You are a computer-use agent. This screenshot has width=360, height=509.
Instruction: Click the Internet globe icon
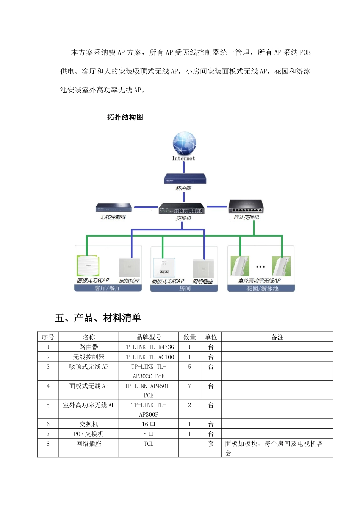[x=184, y=144]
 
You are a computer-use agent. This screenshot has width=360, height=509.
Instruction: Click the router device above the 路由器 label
[x=185, y=179]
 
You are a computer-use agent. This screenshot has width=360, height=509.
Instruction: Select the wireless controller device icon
[x=114, y=208]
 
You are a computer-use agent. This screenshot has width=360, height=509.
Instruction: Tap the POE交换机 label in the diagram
[x=246, y=217]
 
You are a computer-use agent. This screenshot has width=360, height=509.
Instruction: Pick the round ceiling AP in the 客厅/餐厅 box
[x=88, y=266]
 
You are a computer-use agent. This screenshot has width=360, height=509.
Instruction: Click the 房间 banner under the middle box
[x=185, y=289]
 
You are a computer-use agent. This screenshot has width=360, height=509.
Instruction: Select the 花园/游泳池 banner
[x=262, y=289]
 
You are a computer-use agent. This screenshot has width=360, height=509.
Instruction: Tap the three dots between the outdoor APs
[x=260, y=267]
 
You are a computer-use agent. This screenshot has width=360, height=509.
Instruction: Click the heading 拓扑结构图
[x=125, y=117]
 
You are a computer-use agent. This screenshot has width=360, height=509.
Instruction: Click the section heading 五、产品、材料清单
[x=98, y=318]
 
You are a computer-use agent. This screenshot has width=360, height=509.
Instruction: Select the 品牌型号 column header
[x=149, y=337]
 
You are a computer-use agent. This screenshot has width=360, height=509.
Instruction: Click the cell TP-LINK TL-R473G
[x=149, y=347]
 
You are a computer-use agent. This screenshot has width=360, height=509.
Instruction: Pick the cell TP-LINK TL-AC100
[x=149, y=357]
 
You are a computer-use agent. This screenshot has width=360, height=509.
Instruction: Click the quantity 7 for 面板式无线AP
[x=189, y=386]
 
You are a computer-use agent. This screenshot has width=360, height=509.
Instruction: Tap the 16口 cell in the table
[x=149, y=424]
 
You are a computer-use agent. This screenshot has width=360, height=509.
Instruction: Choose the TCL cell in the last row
[x=149, y=444]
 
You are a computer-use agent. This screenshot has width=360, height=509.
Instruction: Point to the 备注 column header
[x=277, y=337]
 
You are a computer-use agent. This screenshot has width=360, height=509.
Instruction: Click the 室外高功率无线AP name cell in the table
[x=89, y=405]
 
